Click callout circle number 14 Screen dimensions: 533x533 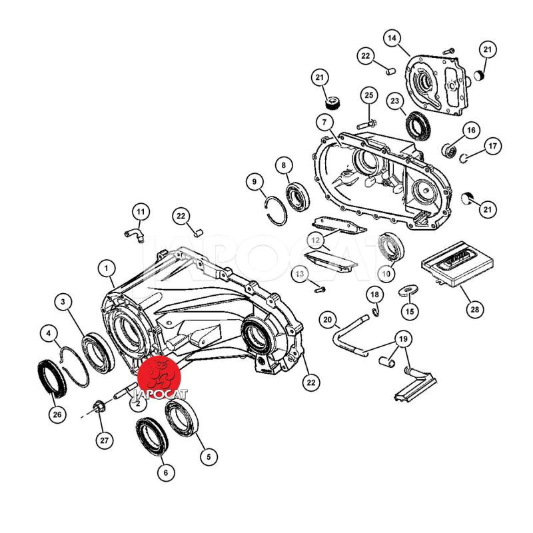click(x=392, y=38)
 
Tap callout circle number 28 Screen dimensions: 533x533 click(x=474, y=309)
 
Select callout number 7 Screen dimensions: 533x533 click(x=324, y=123)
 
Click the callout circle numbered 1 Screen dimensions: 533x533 click(x=107, y=269)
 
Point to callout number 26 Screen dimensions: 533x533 click(x=57, y=414)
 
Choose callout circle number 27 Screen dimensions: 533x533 click(x=105, y=440)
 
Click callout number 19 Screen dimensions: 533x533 click(x=403, y=339)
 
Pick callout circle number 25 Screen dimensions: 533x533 click(x=369, y=95)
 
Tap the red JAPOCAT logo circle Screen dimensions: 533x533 click(x=159, y=376)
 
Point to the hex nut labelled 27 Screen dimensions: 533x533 click(x=98, y=406)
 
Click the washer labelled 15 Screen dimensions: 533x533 click(x=408, y=290)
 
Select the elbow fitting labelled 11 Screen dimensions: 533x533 click(x=134, y=235)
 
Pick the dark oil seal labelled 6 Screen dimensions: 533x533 click(x=152, y=436)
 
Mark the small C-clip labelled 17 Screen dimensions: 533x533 click(x=463, y=158)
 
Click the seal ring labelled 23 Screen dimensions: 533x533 click(x=418, y=126)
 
